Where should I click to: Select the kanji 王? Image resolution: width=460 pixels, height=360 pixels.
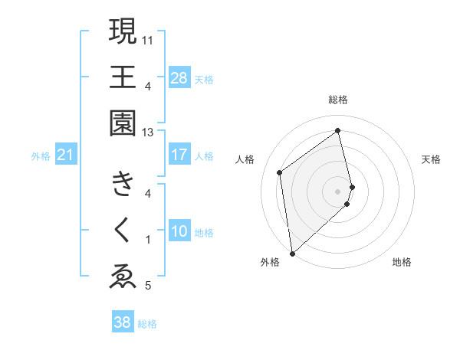click(123, 77)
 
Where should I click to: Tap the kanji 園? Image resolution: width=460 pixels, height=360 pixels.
click(123, 123)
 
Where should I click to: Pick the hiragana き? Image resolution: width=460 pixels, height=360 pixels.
click(123, 185)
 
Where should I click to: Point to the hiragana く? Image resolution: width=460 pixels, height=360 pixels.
click(123, 231)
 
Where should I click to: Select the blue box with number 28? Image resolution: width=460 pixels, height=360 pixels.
click(179, 77)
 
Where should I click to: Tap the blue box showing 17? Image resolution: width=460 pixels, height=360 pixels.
click(179, 155)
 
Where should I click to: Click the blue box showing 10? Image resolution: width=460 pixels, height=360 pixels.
click(179, 231)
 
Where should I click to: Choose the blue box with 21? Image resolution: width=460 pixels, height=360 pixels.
click(66, 155)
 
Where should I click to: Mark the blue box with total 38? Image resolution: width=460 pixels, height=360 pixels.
click(123, 322)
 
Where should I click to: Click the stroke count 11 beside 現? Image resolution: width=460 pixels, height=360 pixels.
click(148, 39)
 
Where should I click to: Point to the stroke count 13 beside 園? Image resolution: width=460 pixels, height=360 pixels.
click(148, 132)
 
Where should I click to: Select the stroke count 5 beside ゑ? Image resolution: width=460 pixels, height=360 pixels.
click(148, 286)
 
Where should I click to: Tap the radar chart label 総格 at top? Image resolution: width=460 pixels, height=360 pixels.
click(338, 100)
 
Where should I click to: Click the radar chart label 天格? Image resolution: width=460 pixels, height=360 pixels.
click(431, 159)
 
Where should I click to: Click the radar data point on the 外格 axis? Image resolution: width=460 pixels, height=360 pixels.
click(291, 254)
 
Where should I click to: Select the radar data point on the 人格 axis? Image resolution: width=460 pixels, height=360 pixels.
click(280, 172)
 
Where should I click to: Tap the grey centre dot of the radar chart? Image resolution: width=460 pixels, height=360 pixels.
click(338, 191)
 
